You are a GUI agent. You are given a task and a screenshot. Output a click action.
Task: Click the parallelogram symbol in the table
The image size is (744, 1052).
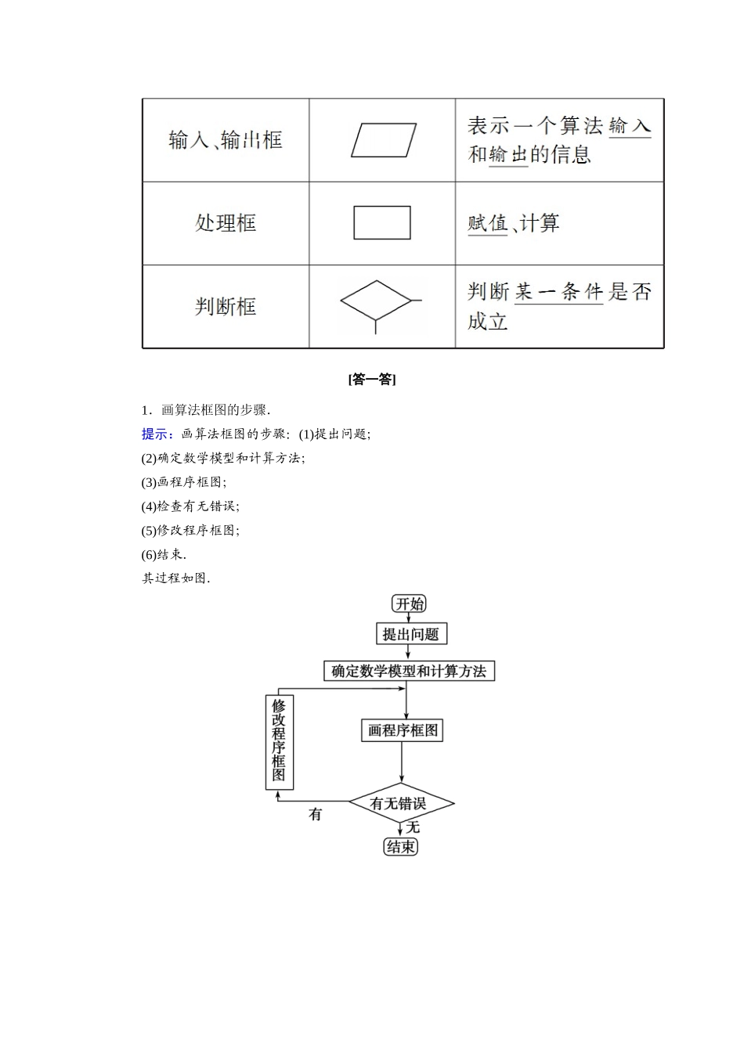pos(383,140)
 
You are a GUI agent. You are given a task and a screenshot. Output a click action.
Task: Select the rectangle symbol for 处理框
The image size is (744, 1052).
pos(382,223)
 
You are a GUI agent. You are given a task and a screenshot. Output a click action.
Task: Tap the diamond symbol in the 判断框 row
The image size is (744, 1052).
pos(376,301)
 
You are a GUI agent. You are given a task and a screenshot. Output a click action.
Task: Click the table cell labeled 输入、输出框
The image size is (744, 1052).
pos(226,141)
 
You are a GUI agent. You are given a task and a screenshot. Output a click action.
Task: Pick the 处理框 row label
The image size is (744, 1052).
pos(226,223)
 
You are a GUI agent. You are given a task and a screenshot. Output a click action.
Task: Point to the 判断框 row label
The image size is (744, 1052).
pos(226,306)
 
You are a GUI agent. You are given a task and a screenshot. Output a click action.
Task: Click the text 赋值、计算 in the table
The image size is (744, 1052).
pos(514,224)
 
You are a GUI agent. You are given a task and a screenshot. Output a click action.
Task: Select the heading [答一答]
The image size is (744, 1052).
pos(371,380)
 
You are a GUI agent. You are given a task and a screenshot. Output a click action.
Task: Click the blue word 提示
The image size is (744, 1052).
pos(157,434)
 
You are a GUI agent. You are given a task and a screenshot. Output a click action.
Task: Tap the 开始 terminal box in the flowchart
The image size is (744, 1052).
pos(409,603)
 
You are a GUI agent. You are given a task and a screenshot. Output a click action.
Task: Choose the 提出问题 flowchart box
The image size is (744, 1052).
pos(411,634)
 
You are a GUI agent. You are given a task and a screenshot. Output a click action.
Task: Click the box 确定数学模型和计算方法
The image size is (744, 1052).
pos(409,671)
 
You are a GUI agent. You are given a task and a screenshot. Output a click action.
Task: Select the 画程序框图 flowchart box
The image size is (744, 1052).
pos(403,730)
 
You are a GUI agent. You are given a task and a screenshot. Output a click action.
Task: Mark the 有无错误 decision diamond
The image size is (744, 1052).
pos(401,803)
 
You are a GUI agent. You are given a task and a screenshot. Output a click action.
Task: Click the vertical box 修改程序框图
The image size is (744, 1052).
pos(279,741)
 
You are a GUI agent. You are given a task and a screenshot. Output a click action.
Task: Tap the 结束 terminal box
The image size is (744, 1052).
pos(401,846)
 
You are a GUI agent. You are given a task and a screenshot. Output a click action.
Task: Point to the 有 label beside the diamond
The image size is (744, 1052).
pos(316,815)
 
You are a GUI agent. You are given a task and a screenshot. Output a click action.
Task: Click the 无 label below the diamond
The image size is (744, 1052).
pos(413,827)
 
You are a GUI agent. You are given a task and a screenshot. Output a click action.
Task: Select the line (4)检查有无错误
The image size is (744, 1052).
pos(190,506)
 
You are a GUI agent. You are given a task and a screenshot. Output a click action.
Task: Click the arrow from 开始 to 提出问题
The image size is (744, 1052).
pos(408,618)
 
